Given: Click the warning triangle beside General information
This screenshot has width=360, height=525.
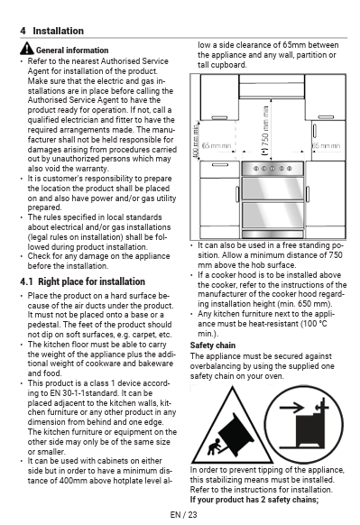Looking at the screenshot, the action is (x=27, y=49).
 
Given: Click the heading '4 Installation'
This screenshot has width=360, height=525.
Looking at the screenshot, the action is (x=52, y=31).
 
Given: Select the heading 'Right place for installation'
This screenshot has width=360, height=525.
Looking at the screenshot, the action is (x=91, y=281).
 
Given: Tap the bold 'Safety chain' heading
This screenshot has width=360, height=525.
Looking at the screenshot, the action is (x=213, y=345).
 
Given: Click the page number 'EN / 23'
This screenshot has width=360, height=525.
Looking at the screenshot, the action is (x=183, y=514).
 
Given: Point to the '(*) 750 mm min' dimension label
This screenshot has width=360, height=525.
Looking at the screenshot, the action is (x=265, y=131).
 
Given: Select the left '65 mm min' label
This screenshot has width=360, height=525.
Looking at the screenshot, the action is (x=217, y=145).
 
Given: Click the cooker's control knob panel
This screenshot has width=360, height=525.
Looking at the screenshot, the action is (x=272, y=169).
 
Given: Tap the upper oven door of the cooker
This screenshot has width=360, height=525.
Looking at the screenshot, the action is (x=272, y=189).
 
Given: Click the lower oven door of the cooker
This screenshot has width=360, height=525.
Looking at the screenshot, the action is (x=272, y=216).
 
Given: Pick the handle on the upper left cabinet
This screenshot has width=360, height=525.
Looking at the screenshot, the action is (x=219, y=117).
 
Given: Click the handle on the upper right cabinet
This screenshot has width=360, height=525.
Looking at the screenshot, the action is (x=326, y=117).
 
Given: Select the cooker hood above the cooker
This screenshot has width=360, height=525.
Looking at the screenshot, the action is (x=272, y=87).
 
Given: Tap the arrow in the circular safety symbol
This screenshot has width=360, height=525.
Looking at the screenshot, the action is (x=291, y=408).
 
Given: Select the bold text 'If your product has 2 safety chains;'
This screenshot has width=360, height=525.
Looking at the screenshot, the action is (x=254, y=500).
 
